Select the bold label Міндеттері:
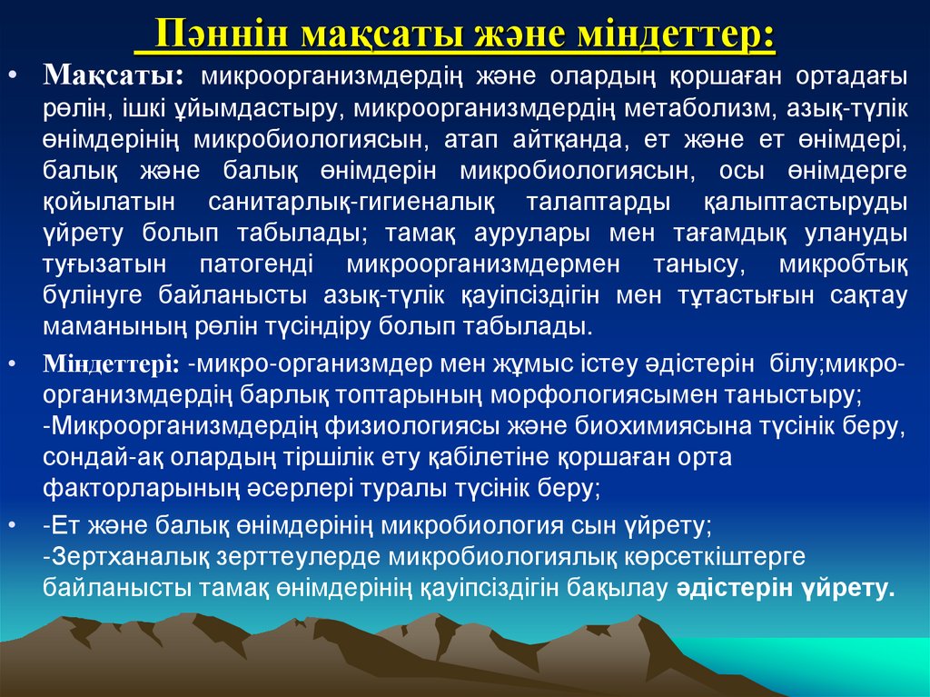point(114,364)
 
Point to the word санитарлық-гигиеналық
point(341,201)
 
